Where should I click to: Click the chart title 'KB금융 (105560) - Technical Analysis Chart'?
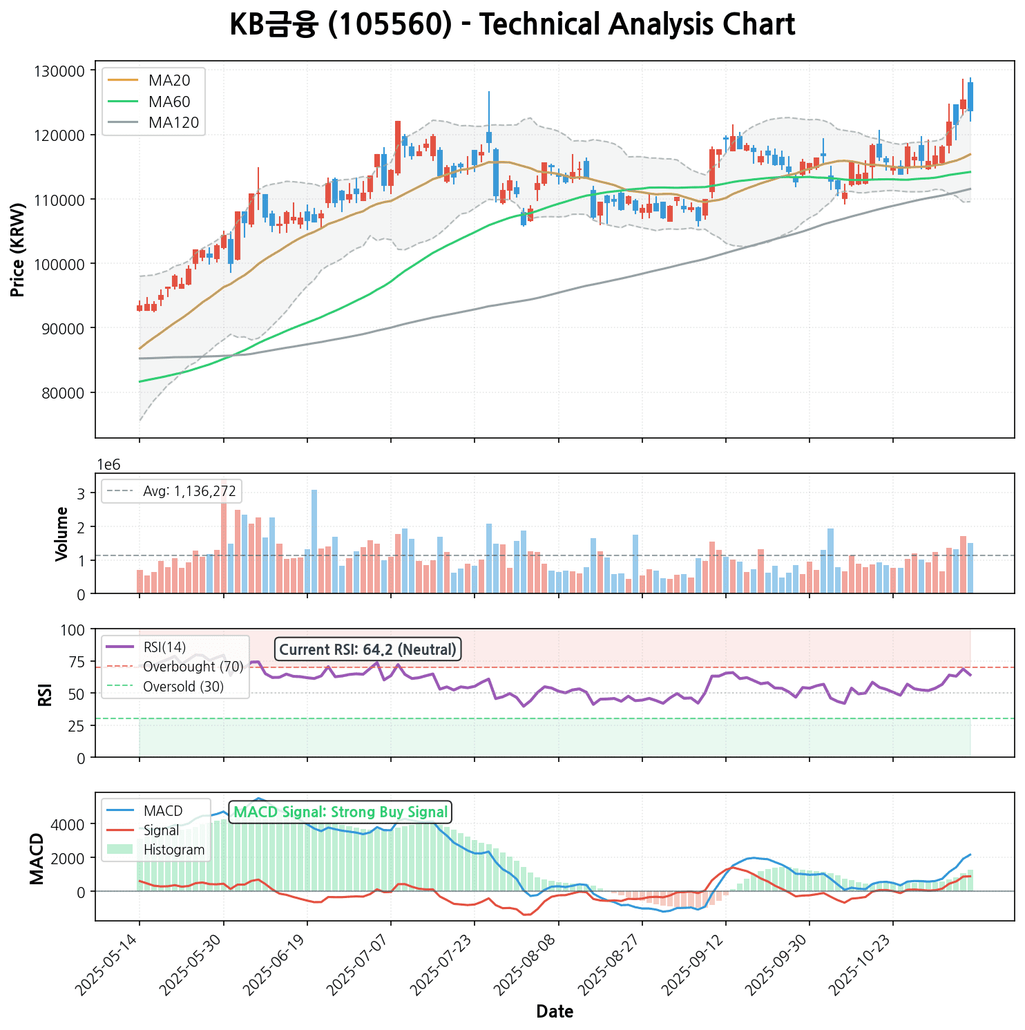click(512, 26)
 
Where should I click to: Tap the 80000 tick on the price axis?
click(62, 393)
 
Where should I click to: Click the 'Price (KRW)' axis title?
click(19, 250)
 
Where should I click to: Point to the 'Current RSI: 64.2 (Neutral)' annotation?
click(368, 649)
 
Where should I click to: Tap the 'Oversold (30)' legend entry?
click(183, 687)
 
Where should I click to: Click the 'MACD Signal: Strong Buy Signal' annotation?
click(341, 812)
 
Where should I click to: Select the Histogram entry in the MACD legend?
click(173, 850)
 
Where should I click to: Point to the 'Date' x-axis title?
click(555, 1012)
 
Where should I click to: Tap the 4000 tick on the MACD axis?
click(71, 824)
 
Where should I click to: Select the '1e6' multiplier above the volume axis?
click(108, 465)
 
